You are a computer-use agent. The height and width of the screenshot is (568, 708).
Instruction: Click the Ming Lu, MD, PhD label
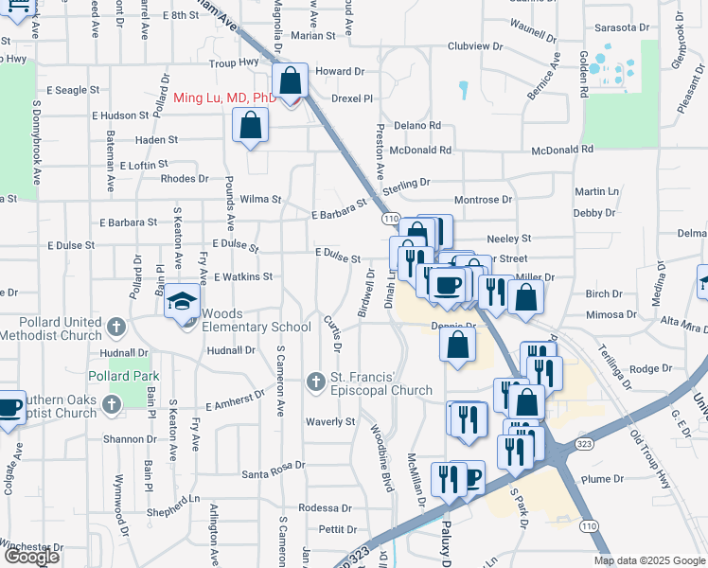coord(225,98)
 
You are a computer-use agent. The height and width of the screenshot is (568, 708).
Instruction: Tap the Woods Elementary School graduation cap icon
coord(183,303)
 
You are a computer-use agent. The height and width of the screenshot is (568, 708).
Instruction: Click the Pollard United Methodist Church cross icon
coord(115,328)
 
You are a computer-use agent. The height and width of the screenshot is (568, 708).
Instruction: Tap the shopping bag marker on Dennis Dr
coord(457,346)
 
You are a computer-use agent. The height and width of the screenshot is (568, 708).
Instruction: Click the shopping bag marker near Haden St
coord(250,127)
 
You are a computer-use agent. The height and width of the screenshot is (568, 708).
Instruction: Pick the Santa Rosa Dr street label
coord(273,465)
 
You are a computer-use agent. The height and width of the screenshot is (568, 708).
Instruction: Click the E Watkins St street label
coord(243,277)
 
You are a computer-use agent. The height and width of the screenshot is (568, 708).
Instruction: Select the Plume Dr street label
coord(604,479)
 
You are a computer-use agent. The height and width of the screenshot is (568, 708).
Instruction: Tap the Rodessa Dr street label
coord(325,508)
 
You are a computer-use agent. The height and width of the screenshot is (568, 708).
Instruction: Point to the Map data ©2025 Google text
coord(648,560)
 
